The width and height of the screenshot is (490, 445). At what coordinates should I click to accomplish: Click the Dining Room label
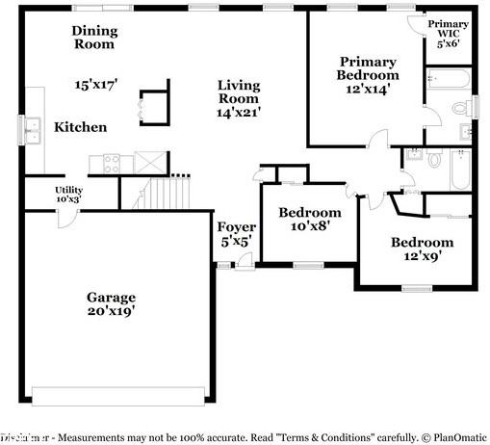pyautogui.click(x=93, y=37)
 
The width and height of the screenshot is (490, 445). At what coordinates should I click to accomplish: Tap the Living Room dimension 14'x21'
pyautogui.click(x=238, y=113)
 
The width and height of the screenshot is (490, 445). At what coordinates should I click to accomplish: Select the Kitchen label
pyautogui.click(x=80, y=127)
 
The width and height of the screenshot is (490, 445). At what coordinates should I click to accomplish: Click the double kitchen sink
pyautogui.click(x=31, y=130)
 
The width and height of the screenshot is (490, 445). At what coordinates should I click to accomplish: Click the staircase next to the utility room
pyautogui.click(x=159, y=194)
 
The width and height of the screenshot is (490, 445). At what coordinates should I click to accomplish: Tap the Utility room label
pyautogui.click(x=68, y=191)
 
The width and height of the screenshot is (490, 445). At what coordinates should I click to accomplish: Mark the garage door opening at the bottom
pyautogui.click(x=118, y=395)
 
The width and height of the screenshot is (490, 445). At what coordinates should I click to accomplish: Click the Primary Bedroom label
pyautogui.click(x=367, y=67)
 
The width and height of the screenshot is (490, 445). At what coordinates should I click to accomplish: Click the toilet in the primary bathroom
pyautogui.click(x=461, y=132)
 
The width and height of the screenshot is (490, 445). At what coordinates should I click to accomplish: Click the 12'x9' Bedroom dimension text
pyautogui.click(x=421, y=256)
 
